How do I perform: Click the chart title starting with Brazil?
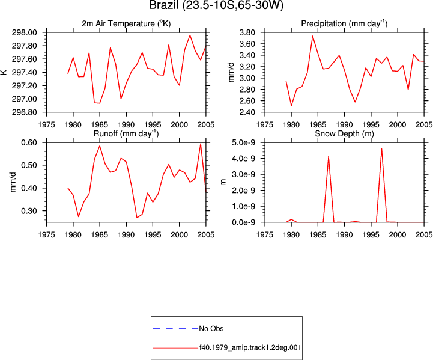(216, 5)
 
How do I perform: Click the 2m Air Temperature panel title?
(126, 24)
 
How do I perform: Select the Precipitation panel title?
(344, 24)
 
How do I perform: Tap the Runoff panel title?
(126, 133)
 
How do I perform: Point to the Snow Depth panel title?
(344, 133)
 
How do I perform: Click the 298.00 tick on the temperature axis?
(24, 32)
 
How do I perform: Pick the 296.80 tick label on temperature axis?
(24, 112)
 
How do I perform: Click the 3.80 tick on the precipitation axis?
(247, 32)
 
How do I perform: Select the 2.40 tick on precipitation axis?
(247, 112)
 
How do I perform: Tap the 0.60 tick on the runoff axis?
(29, 142)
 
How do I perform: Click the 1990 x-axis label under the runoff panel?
(126, 235)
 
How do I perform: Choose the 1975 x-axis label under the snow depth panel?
(265, 235)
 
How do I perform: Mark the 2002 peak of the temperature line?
(190, 35)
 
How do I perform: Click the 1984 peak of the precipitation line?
(313, 36)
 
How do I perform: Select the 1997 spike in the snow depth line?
(381, 148)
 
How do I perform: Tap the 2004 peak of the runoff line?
(201, 144)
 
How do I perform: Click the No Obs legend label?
(211, 329)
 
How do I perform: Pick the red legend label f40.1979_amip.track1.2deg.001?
(250, 347)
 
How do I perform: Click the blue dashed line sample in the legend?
(175, 329)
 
